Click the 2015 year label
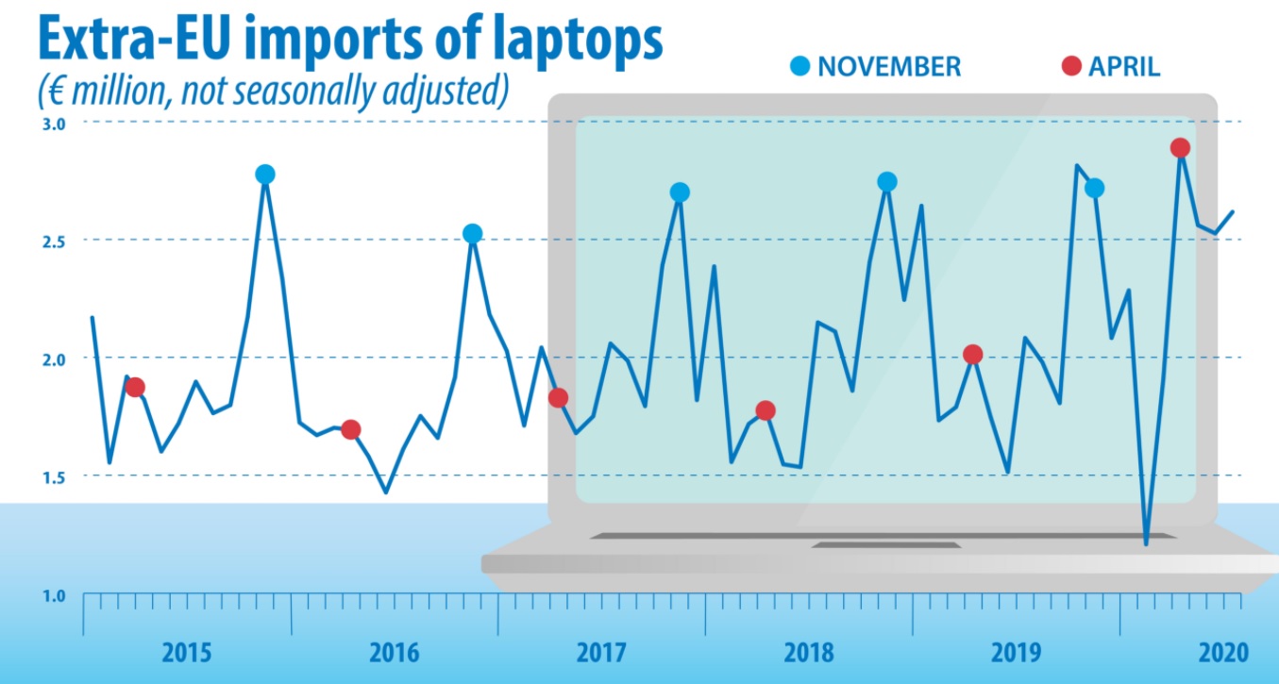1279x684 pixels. tap(187, 652)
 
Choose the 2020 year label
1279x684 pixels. tap(1223, 652)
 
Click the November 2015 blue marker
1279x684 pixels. tap(265, 175)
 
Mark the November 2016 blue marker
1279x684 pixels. tap(473, 234)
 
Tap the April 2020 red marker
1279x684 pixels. tap(1180, 148)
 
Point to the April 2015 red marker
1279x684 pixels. tap(135, 388)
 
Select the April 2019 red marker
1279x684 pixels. tap(973, 355)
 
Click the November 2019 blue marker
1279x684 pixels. tap(1095, 189)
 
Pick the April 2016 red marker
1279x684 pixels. tap(350, 430)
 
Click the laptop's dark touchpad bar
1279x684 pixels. tap(885, 544)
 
